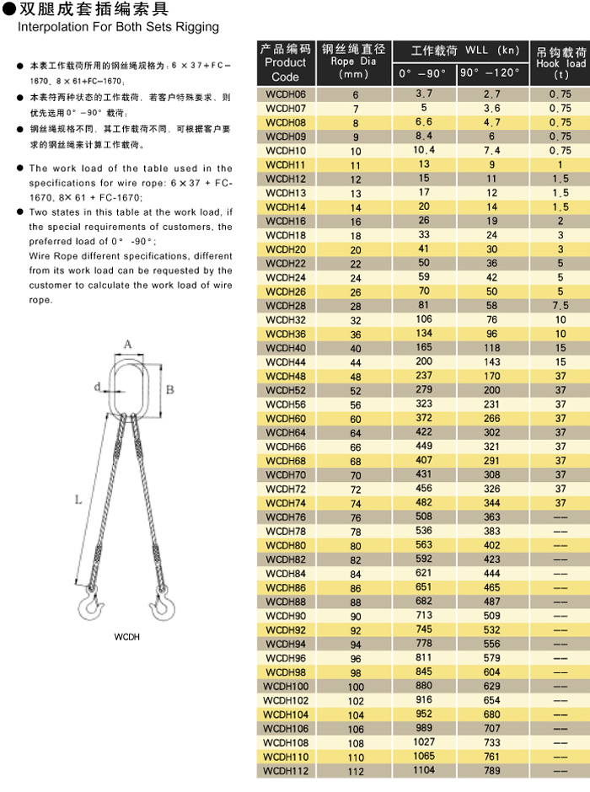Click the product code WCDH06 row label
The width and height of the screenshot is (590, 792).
[285, 94]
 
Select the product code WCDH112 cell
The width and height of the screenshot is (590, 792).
[285, 770]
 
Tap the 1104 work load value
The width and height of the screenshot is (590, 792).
[423, 769]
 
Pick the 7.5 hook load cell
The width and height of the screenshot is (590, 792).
[560, 305]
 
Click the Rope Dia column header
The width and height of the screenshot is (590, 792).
[354, 62]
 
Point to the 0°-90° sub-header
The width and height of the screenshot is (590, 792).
[424, 74]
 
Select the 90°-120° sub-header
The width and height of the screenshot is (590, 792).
[492, 74]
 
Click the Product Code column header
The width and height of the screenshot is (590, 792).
[285, 62]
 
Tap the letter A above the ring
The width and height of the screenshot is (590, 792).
[128, 344]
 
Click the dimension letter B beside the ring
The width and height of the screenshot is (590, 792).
[169, 389]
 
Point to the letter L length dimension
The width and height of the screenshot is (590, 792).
[78, 500]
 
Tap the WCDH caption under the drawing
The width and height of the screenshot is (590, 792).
[126, 637]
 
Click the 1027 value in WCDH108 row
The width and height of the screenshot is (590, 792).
[423, 741]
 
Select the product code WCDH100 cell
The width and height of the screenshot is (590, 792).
[285, 686]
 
